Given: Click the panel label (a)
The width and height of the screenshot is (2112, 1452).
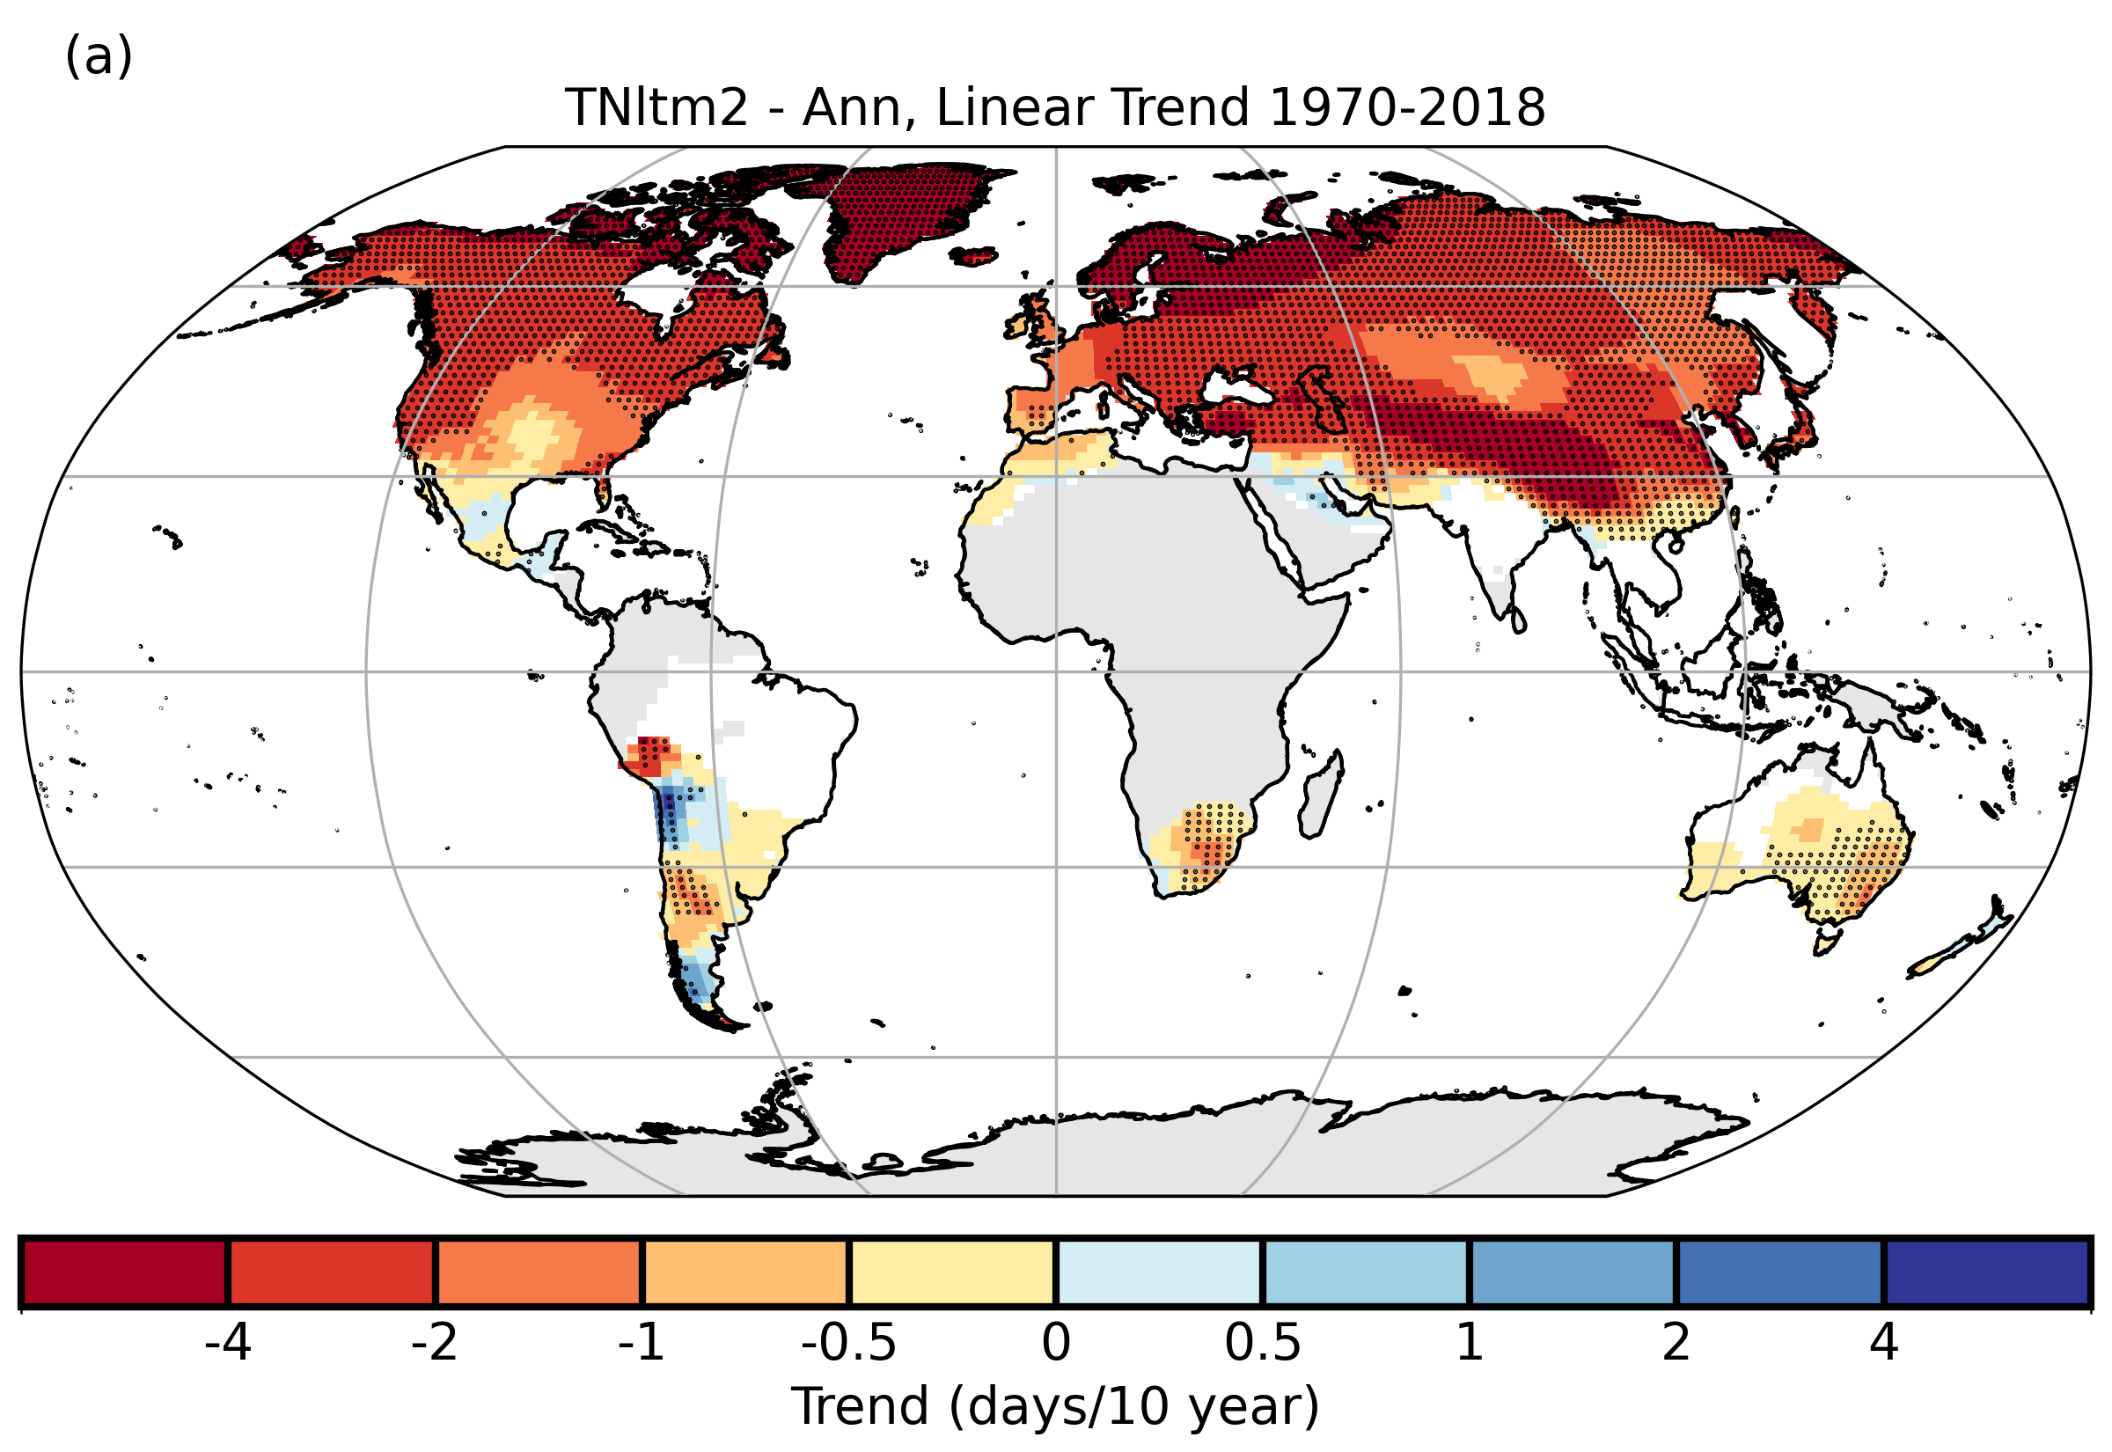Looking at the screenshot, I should coord(99,56).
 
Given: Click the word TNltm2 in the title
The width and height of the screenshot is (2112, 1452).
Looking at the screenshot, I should coord(656,108).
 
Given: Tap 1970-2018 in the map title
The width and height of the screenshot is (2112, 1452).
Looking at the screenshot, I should coord(1406,108).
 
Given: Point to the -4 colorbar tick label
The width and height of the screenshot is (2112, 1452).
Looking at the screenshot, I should coord(227,1342).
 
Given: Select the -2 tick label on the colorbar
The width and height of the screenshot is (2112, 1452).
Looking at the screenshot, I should coord(434,1342).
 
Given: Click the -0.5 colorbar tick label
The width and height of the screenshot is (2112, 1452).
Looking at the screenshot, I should coord(847,1342).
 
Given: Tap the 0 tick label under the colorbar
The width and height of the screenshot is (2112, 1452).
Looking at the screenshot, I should coord(1055,1342).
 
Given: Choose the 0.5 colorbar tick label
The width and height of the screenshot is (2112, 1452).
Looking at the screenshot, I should coord(1262,1342).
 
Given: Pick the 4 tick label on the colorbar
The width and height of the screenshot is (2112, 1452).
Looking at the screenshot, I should coord(1883,1342).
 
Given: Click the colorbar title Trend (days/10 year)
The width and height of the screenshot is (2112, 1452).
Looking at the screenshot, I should coord(1055,1406).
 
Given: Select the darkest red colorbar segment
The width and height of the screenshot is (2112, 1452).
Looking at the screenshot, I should coord(125,1272).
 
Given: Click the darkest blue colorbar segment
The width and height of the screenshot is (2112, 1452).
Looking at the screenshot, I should coord(1986,1272).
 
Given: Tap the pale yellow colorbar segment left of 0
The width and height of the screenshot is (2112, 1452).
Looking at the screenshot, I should coord(951,1272).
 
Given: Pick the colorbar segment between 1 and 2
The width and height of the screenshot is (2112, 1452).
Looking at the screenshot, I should coord(1572,1272).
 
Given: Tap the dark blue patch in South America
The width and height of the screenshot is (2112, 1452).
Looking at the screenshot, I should coord(670,806).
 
